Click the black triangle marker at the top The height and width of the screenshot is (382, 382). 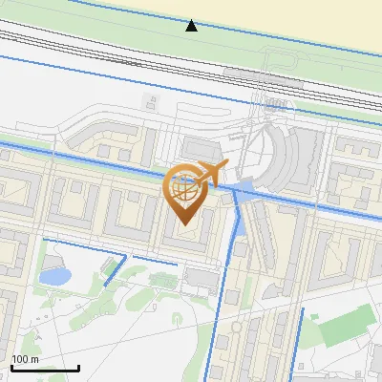point(191,26)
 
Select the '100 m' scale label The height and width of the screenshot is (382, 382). point(25,359)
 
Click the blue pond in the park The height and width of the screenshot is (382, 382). point(53,277)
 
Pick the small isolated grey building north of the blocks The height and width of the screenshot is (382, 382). point(150,99)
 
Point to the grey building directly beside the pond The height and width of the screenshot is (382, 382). point(47,255)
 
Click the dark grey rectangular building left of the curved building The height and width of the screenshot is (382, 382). point(202,148)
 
